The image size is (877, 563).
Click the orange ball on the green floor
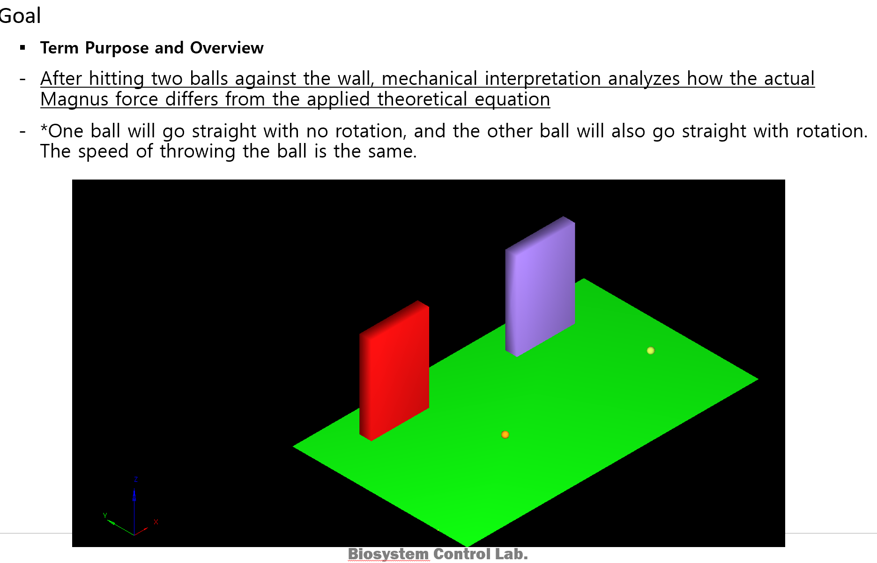[505, 435]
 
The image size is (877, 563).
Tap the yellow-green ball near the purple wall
[651, 351]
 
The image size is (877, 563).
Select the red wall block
[394, 370]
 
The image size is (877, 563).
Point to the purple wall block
[540, 286]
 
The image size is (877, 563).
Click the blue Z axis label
[136, 480]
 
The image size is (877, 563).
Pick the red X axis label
[156, 522]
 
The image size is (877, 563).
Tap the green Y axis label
[105, 515]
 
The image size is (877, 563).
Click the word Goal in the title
[20, 15]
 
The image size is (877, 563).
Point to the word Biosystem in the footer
[388, 554]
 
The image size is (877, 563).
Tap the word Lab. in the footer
[512, 554]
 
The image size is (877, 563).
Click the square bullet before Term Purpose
[22, 47]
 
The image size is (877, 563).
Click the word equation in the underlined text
[512, 99]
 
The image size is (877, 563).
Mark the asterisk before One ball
[44, 128]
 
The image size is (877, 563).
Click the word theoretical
[422, 99]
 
